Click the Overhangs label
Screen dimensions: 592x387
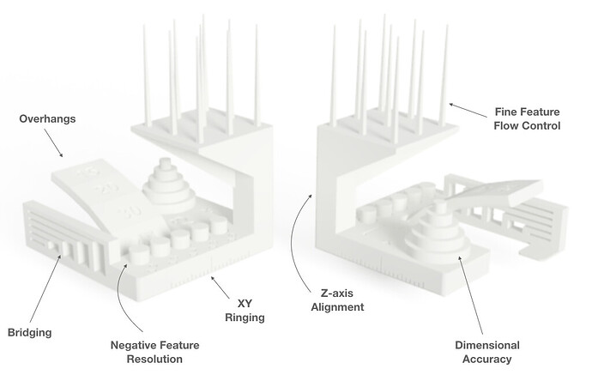coord(47,118)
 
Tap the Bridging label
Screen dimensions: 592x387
coord(29,332)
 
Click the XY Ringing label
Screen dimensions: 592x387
coord(245,311)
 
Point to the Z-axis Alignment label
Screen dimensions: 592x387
coord(337,299)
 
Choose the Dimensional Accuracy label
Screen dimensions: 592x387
coord(487,352)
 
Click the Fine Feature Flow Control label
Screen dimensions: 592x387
coord(527,118)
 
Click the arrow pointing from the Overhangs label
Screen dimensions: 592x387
coord(53,142)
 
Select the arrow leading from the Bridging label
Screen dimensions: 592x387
coord(45,289)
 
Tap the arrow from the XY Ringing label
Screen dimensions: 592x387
coord(220,287)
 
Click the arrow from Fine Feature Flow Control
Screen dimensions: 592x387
coord(468,110)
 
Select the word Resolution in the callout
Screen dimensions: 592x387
coord(154,359)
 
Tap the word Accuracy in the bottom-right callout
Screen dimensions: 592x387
coord(487,359)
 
